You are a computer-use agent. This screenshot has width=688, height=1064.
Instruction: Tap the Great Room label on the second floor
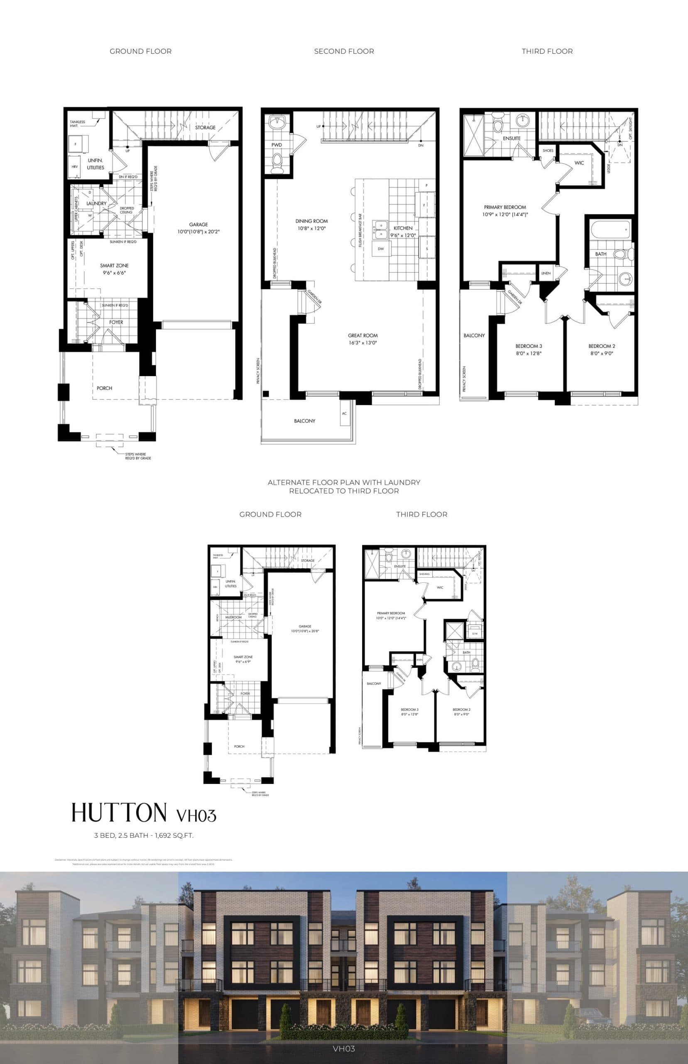click(363, 335)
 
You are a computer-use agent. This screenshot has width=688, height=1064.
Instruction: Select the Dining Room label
click(311, 221)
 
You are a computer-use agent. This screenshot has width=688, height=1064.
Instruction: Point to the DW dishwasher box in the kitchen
click(381, 249)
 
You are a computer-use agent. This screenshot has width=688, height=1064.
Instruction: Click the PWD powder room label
click(277, 145)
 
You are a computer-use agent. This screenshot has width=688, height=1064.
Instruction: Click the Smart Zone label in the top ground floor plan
click(114, 266)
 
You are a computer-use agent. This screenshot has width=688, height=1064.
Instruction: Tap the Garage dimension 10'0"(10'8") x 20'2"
click(198, 232)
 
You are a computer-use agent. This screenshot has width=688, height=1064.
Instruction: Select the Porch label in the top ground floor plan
click(104, 388)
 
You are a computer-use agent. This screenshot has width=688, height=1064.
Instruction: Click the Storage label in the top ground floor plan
click(205, 128)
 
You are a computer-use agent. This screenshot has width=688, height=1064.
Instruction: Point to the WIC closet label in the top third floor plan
click(579, 163)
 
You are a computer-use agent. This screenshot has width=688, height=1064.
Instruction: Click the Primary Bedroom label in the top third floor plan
click(505, 207)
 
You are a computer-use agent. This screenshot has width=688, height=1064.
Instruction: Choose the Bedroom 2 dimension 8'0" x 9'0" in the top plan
click(602, 353)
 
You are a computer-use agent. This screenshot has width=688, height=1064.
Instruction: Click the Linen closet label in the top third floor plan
click(546, 273)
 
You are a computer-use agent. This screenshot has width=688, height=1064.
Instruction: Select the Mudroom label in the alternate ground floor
click(233, 617)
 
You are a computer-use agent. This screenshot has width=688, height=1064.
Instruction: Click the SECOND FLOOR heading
click(344, 52)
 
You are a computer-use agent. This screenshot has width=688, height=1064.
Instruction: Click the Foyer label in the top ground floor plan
click(116, 322)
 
